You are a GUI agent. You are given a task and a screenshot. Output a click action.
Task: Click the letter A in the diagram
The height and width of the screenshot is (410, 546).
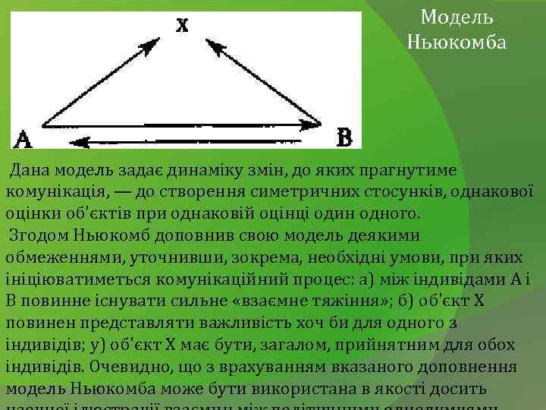[23, 139]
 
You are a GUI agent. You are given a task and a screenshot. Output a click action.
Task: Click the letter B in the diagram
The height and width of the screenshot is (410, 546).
[344, 137]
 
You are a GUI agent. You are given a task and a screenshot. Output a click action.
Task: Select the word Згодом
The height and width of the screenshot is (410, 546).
[36, 235]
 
